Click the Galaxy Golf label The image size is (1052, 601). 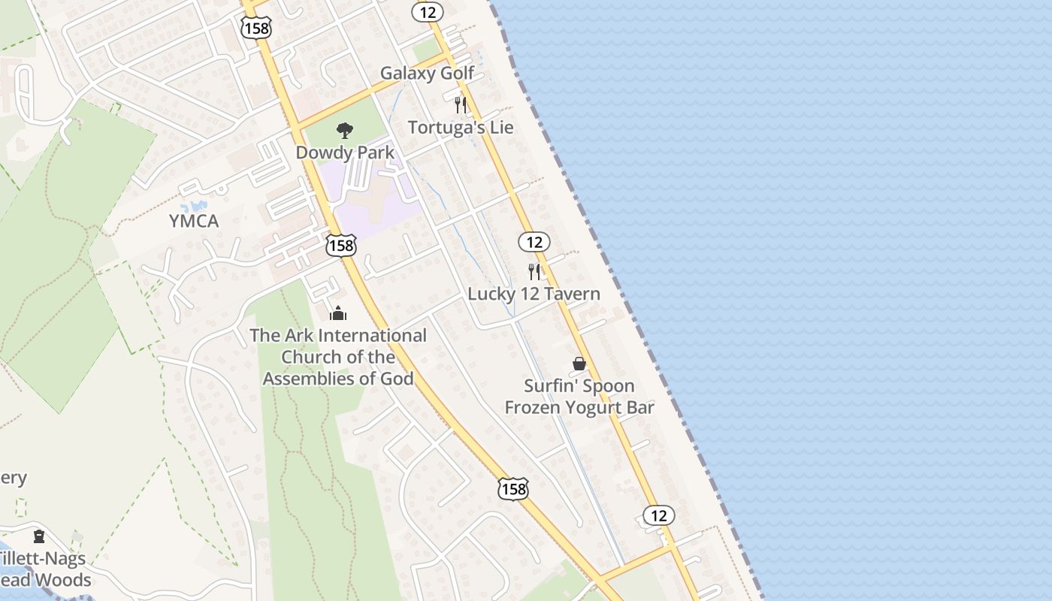tap(427, 73)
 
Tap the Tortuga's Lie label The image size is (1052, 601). tap(461, 127)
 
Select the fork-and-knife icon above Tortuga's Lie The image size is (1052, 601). tap(461, 104)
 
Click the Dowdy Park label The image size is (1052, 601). tap(345, 153)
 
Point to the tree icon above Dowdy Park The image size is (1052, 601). tap(344, 131)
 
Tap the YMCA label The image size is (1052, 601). tap(194, 221)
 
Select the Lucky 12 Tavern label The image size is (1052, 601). tap(534, 294)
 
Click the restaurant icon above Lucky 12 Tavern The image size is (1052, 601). tap(534, 271)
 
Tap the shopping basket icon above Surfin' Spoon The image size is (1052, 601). tap(579, 364)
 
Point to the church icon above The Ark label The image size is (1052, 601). tap(338, 313)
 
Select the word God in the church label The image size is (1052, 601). tap(398, 378)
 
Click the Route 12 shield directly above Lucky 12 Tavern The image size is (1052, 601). tap(534, 242)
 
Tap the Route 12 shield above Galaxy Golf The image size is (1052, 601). tap(428, 11)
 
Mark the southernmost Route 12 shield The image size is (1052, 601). tap(658, 515)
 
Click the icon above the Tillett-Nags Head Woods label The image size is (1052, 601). tap(38, 536)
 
